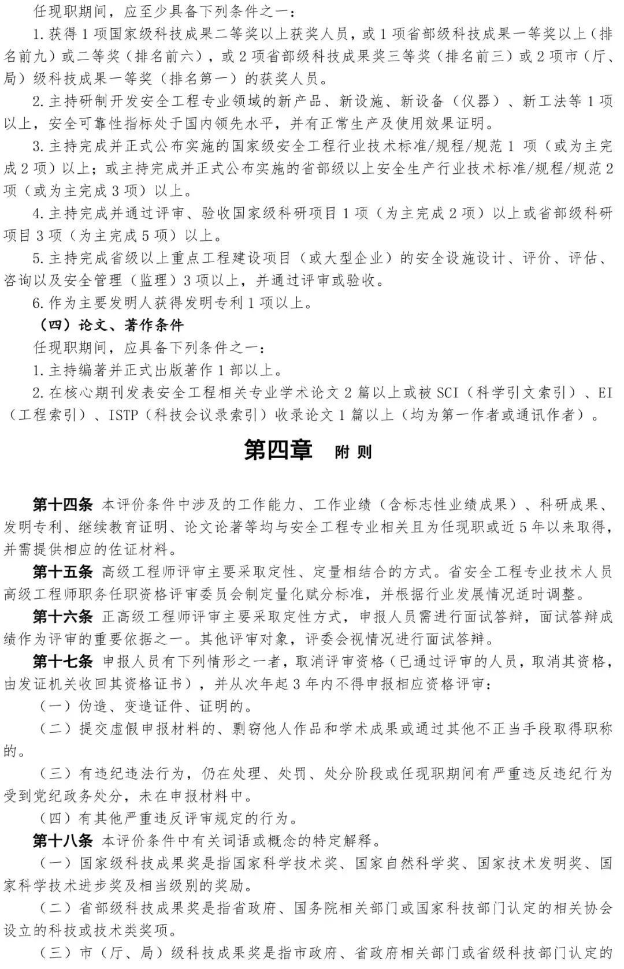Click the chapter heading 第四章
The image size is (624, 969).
point(278,450)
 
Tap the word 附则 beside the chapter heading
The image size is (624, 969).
point(353,452)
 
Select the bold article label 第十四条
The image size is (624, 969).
point(62,504)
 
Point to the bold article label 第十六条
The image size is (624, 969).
point(62,616)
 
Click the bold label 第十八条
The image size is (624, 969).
point(62,840)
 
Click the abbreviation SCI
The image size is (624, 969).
point(447,393)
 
